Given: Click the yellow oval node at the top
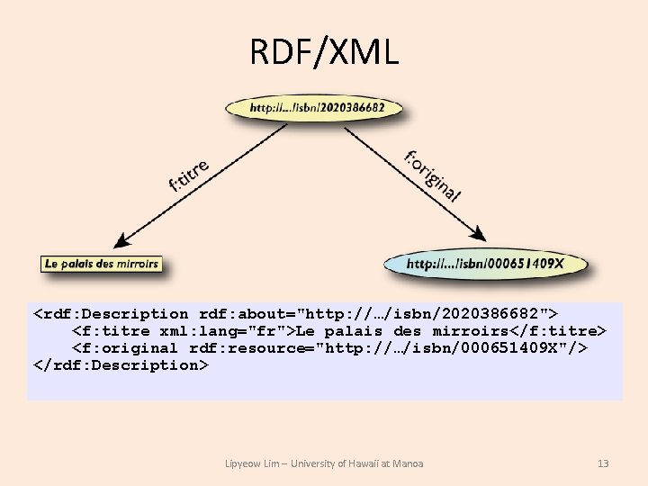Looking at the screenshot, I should tap(317, 107).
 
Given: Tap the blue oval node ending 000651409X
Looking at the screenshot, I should tap(485, 264).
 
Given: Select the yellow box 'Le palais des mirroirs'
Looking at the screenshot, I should tap(102, 264).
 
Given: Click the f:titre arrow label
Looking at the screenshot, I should tap(189, 175).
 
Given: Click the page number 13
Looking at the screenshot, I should tap(603, 463).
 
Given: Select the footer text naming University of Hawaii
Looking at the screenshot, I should tap(324, 463).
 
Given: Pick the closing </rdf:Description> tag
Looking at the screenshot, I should tap(121, 365).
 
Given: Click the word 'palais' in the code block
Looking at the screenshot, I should tap(360, 331).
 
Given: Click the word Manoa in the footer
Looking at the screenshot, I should tap(409, 463).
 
